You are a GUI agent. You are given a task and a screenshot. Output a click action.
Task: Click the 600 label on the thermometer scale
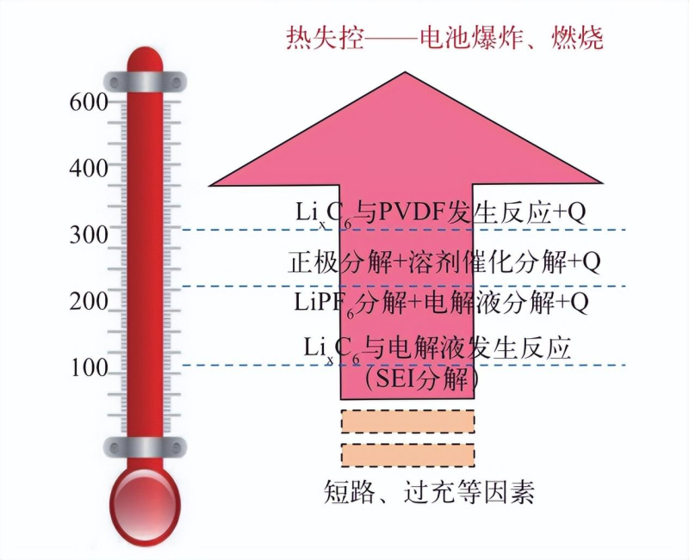(89, 102)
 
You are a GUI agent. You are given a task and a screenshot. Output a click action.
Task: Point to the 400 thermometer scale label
(89, 169)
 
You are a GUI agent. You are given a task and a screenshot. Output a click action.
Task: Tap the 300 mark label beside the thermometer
(89, 235)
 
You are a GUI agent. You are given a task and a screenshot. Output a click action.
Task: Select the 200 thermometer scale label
(89, 301)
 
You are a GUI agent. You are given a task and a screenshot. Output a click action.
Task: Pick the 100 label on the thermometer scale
(90, 368)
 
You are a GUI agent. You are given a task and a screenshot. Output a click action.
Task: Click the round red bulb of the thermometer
(145, 504)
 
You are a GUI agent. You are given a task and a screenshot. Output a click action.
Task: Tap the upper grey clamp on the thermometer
(145, 82)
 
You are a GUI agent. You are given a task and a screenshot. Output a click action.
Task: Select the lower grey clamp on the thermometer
(145, 447)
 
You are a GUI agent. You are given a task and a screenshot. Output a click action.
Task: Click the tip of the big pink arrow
(405, 72)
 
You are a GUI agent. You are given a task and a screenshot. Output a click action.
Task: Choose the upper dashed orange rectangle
(407, 422)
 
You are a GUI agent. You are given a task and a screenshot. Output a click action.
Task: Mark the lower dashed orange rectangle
(407, 455)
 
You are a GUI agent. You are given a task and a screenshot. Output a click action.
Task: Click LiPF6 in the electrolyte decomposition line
(325, 304)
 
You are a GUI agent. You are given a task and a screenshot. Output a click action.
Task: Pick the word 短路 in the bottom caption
(350, 492)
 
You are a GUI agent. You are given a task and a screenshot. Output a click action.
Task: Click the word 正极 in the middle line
(313, 262)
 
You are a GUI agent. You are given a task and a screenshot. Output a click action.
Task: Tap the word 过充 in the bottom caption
(429, 492)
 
